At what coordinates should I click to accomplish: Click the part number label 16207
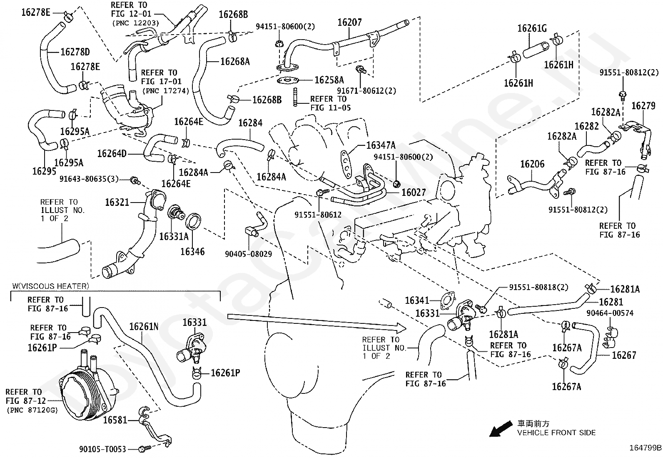tap(349, 22)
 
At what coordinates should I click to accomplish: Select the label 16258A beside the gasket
tap(329, 80)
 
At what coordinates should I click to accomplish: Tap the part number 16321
tap(117, 203)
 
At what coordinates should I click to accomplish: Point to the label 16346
tap(192, 252)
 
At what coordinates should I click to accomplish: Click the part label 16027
tap(414, 192)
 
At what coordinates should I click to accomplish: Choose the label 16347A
tap(381, 145)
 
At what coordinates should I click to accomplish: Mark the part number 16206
tap(532, 164)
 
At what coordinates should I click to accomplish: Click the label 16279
tap(643, 106)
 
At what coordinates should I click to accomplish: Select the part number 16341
tap(417, 300)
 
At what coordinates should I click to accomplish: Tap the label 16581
tap(115, 420)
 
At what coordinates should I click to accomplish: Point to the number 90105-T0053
tap(102, 449)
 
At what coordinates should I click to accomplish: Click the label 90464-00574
tap(610, 313)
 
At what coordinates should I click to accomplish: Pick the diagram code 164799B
tap(645, 448)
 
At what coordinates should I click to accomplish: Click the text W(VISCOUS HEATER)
tap(51, 286)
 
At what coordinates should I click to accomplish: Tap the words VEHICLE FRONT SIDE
tap(556, 433)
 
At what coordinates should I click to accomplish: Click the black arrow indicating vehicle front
tap(501, 429)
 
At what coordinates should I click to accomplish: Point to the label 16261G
tap(532, 28)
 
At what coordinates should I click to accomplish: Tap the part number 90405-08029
tap(248, 254)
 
